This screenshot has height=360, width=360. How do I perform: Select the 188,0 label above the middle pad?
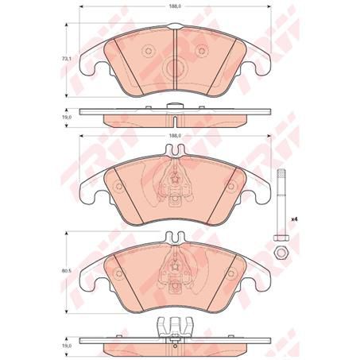pos(172,135)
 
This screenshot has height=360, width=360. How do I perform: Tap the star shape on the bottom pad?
pos(172,265)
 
